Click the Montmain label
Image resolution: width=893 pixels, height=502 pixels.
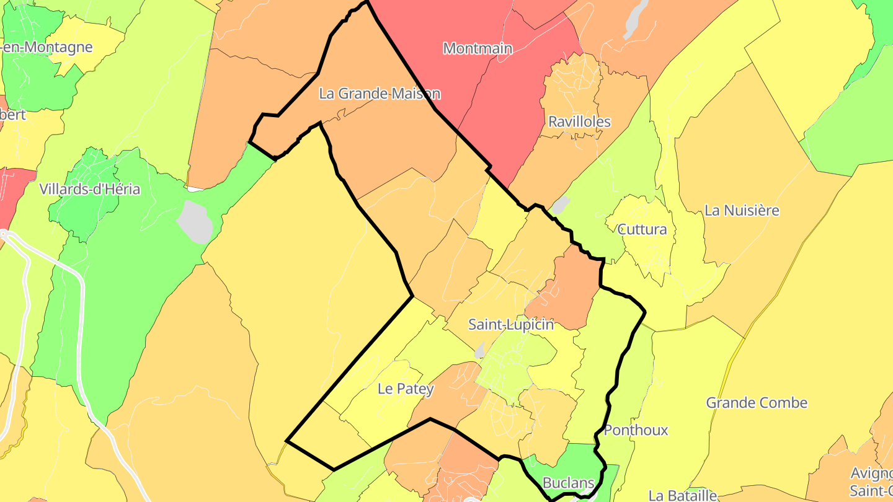478,48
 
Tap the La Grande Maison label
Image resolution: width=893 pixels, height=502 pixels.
380,94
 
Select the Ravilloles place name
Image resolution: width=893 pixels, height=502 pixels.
579,121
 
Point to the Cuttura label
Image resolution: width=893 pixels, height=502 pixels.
642,229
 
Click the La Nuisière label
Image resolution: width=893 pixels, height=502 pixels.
742,210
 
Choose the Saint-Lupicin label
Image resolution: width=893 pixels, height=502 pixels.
511,324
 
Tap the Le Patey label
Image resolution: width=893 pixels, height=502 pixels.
406,389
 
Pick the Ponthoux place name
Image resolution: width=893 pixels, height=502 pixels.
636,430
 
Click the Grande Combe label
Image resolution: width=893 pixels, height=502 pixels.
757,403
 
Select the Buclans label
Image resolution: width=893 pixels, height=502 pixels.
568,483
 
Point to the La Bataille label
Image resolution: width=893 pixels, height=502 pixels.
682,495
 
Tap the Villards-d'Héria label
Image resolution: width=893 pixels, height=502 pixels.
90,189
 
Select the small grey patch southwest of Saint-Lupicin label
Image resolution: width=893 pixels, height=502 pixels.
479,351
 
